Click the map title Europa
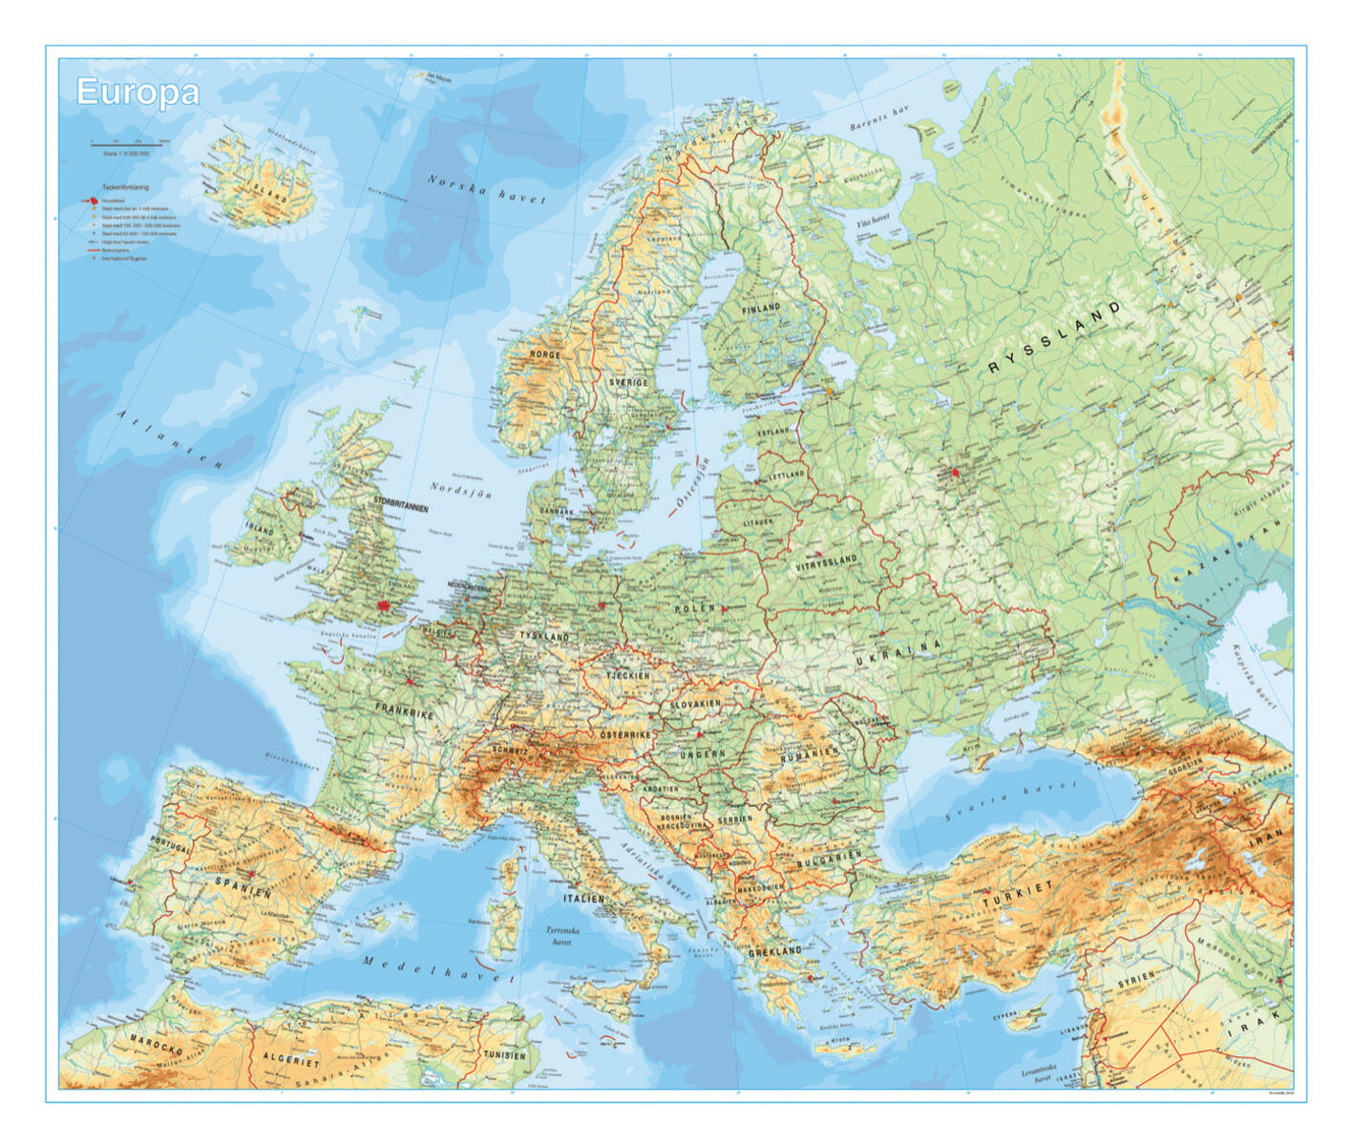(137, 93)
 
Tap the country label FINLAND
(761, 308)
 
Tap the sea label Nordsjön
(460, 490)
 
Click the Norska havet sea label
(486, 189)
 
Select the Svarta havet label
(1009, 800)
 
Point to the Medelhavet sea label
(438, 970)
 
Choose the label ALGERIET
(291, 1060)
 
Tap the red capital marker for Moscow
(954, 473)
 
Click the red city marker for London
(385, 605)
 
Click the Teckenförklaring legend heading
(125, 188)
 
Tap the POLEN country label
(694, 608)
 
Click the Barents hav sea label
(878, 119)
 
